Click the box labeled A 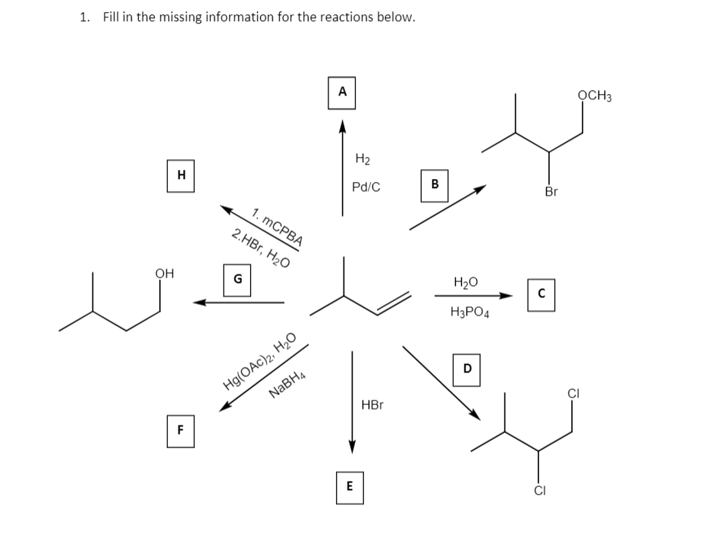tap(342, 93)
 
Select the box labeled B tap(435, 184)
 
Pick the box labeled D tap(466, 369)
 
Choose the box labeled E tap(349, 488)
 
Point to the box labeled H tap(180, 175)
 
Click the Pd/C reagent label tap(366, 187)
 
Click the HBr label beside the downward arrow tap(372, 405)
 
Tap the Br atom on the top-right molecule tap(551, 192)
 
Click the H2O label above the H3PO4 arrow tap(466, 282)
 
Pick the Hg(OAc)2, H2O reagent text tap(259, 362)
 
